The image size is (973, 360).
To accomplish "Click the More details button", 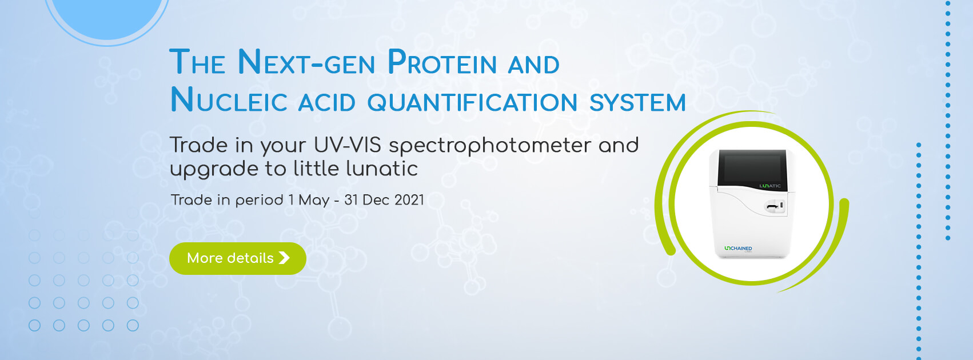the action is point(238,258).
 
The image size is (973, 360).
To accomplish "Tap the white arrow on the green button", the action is point(284,258).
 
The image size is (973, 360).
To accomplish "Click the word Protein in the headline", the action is point(442,62).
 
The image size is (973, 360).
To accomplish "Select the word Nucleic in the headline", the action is point(229,101).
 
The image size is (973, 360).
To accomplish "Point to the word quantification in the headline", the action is point(472,102).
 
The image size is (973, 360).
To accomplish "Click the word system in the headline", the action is point(637,102).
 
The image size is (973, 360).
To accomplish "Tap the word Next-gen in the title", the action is point(306,62).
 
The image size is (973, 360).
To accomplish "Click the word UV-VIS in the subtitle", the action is point(347,145).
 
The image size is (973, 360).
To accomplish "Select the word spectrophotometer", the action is point(489,146).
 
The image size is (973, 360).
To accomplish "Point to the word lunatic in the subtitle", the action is point(382,169).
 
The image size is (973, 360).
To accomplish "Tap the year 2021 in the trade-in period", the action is point(409,200).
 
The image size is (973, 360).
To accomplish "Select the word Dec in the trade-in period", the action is point(376,200).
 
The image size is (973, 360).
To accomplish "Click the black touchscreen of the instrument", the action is point(752,167).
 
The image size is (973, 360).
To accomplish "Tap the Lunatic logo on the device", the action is point(770,186).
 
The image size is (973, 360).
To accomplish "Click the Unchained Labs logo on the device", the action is point(739,249).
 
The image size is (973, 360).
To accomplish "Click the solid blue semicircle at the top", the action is point(107,17).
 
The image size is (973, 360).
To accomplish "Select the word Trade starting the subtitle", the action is point(198,145).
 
